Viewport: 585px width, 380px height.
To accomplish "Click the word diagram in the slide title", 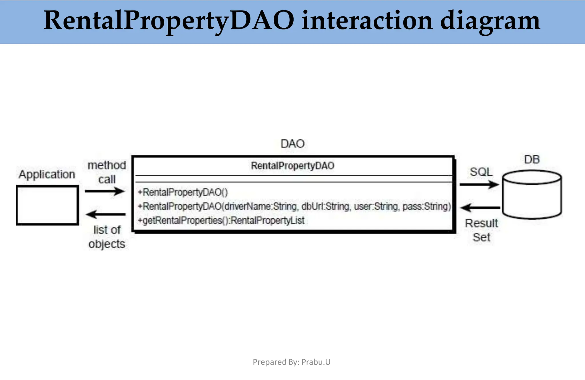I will click(490, 21).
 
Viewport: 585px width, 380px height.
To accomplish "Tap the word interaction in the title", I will click(367, 21).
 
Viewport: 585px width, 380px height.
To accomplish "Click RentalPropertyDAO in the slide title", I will click(169, 21).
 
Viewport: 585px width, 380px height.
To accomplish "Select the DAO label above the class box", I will click(292, 144).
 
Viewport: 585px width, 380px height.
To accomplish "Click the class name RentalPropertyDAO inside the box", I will click(292, 166).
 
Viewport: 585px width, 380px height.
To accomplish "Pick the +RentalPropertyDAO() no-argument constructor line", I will click(183, 192).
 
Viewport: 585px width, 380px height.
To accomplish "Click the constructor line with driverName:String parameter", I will click(294, 206).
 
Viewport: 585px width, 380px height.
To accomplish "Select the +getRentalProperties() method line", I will click(221, 220).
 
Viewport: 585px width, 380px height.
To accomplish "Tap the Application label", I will click(47, 174).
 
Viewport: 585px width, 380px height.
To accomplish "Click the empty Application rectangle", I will click(47, 205).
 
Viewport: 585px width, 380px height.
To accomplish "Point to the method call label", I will click(107, 172).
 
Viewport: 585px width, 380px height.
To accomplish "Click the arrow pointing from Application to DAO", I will click(105, 191).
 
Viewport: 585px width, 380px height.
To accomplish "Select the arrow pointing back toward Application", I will click(105, 214).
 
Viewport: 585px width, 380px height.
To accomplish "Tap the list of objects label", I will click(107, 237).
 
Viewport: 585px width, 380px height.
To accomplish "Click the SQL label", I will click(481, 172).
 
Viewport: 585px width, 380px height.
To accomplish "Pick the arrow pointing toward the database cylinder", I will click(479, 184).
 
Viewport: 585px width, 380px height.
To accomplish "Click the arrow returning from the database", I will click(480, 208).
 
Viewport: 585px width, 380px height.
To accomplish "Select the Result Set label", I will click(481, 230).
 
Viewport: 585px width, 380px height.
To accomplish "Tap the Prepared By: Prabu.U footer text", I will click(291, 362).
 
